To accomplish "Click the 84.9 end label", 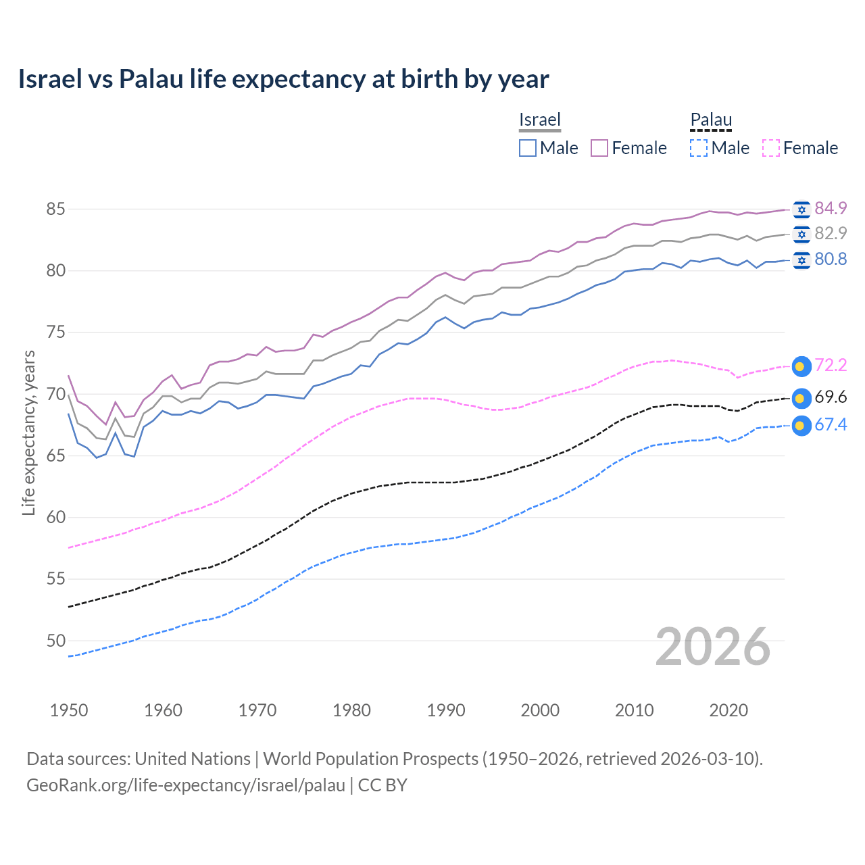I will click(x=831, y=208).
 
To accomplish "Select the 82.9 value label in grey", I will click(x=831, y=233).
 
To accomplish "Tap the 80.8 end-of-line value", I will click(x=831, y=259).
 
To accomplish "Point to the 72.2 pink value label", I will click(x=831, y=366).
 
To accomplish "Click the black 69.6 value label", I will click(x=831, y=397).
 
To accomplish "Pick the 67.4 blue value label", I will click(x=831, y=425).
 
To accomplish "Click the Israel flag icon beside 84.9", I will click(x=801, y=209).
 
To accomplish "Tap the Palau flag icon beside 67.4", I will click(x=801, y=426).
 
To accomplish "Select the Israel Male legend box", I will click(x=528, y=148).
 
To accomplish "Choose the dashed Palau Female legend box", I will click(x=771, y=148).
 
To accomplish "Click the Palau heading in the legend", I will click(x=711, y=120).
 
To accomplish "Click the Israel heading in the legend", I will click(x=540, y=120).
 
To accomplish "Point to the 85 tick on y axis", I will click(x=55, y=209).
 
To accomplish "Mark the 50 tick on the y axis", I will click(x=55, y=641).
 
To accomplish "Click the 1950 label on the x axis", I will click(x=69, y=710).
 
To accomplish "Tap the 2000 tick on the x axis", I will click(x=540, y=710).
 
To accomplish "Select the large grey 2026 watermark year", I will click(x=713, y=647).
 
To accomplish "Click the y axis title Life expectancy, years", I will click(x=28, y=432).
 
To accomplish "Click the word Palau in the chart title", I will click(x=151, y=79).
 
